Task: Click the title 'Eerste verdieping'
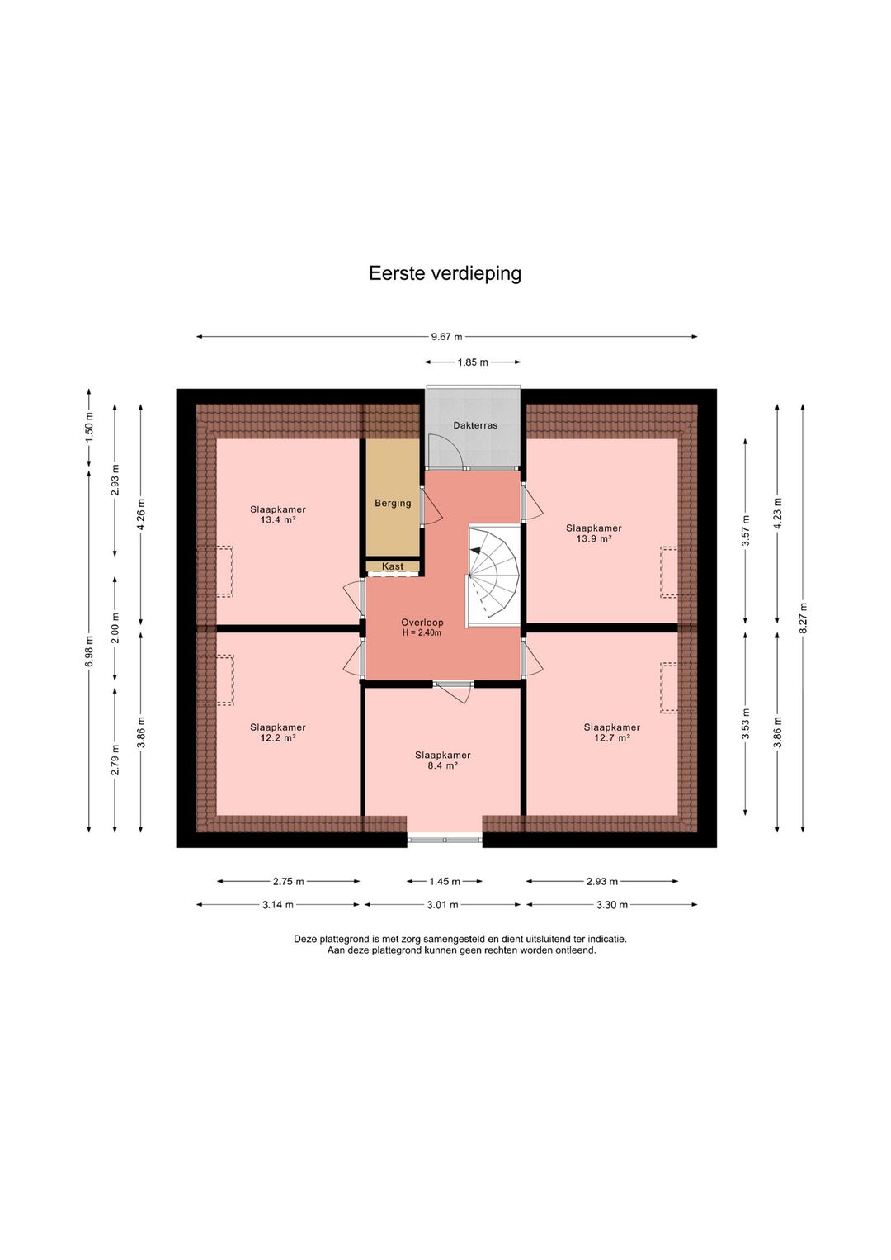[445, 274]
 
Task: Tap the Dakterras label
[475, 425]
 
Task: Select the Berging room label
[393, 503]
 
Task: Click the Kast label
[393, 566]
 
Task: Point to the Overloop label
[422, 623]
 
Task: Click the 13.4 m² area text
[278, 520]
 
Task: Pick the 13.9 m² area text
[594, 538]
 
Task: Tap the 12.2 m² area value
[278, 737]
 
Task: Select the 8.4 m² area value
[442, 765]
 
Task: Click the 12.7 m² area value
[611, 737]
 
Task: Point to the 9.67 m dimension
[446, 337]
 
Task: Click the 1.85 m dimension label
[472, 362]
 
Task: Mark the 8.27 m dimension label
[803, 618]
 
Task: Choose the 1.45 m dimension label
[445, 882]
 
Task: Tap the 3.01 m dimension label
[442, 905]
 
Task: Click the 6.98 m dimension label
[89, 651]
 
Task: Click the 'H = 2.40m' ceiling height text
[422, 632]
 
